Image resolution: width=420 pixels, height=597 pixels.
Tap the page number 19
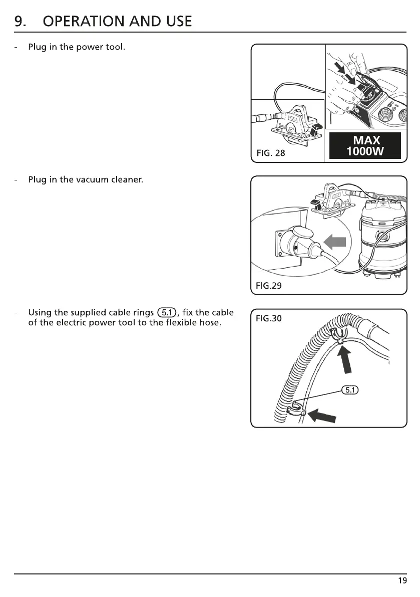[402, 581]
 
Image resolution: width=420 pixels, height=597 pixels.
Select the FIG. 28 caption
[270, 153]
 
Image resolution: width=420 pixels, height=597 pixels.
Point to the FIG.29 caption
[269, 286]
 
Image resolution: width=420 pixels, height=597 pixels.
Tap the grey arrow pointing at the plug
[335, 242]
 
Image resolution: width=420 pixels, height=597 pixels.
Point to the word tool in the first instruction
[113, 48]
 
